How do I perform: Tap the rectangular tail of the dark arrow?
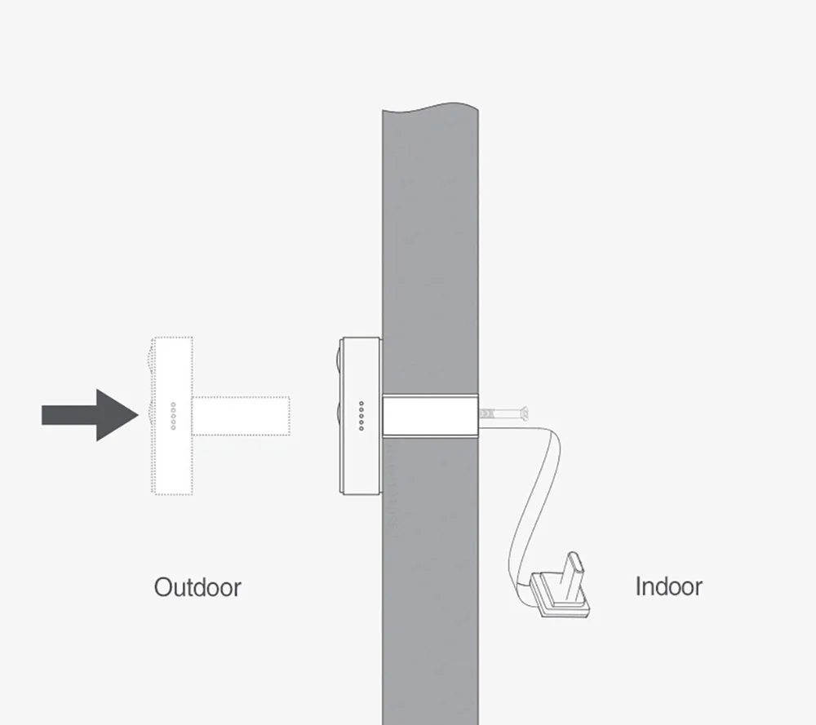point(69,415)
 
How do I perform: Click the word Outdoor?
point(197,587)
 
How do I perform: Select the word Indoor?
point(668,586)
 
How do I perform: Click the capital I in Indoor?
point(639,586)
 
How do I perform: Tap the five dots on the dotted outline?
point(173,416)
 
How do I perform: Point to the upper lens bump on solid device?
point(339,359)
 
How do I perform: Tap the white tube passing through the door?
point(429,415)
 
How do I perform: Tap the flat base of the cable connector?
point(560,599)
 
